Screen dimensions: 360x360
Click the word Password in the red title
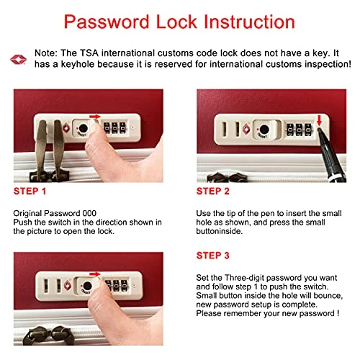107,22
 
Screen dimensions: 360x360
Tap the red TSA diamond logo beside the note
18,59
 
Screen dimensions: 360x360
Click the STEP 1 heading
30,192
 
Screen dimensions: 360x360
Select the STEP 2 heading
213,192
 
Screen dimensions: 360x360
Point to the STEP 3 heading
213,256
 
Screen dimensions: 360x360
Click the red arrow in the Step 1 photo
95,117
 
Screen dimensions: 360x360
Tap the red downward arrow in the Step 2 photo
319,120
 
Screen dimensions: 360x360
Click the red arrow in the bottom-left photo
95,274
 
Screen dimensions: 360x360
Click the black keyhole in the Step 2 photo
264,130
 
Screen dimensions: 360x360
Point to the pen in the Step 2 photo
332,156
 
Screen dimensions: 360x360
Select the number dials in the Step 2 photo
299,130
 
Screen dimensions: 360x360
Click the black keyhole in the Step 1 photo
83,128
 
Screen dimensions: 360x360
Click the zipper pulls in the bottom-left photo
45,336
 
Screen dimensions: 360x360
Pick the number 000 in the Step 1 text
89,213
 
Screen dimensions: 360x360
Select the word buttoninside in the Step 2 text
219,231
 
